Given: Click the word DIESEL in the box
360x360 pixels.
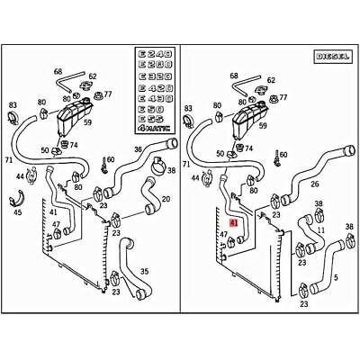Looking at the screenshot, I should point(330,56).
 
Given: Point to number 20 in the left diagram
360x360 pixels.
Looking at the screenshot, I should point(165,199).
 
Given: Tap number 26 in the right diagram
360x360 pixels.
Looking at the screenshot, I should point(314,185).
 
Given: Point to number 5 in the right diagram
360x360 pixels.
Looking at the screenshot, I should point(335,277).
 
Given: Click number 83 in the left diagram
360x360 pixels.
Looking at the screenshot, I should point(13,105).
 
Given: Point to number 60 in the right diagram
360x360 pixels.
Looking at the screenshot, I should point(283,155).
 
